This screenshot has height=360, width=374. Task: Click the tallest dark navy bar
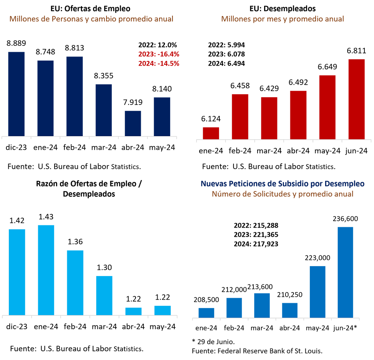[16, 93]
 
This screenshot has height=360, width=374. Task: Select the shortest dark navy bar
[133, 122]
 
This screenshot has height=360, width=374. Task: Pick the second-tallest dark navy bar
[74, 95]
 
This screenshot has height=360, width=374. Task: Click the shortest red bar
[211, 132]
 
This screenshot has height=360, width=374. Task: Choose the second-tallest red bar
[327, 106]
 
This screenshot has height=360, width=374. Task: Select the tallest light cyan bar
[46, 269]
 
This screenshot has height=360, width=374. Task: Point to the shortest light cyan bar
[133, 310]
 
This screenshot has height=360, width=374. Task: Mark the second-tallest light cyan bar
[17, 272]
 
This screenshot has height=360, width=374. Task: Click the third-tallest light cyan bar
[75, 282]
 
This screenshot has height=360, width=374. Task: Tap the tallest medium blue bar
[345, 272]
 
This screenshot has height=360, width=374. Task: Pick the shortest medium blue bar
[206, 312]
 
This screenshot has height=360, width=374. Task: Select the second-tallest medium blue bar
[318, 291]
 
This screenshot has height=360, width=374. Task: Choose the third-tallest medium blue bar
[262, 304]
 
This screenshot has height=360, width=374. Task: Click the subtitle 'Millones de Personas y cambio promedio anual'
[92, 19]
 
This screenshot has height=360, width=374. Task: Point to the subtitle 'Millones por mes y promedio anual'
[283, 19]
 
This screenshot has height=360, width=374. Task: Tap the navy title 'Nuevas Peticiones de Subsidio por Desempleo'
[282, 183]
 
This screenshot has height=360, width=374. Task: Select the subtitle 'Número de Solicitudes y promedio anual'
[282, 194]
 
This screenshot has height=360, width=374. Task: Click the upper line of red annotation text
[159, 54]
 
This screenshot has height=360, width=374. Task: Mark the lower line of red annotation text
[159, 64]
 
